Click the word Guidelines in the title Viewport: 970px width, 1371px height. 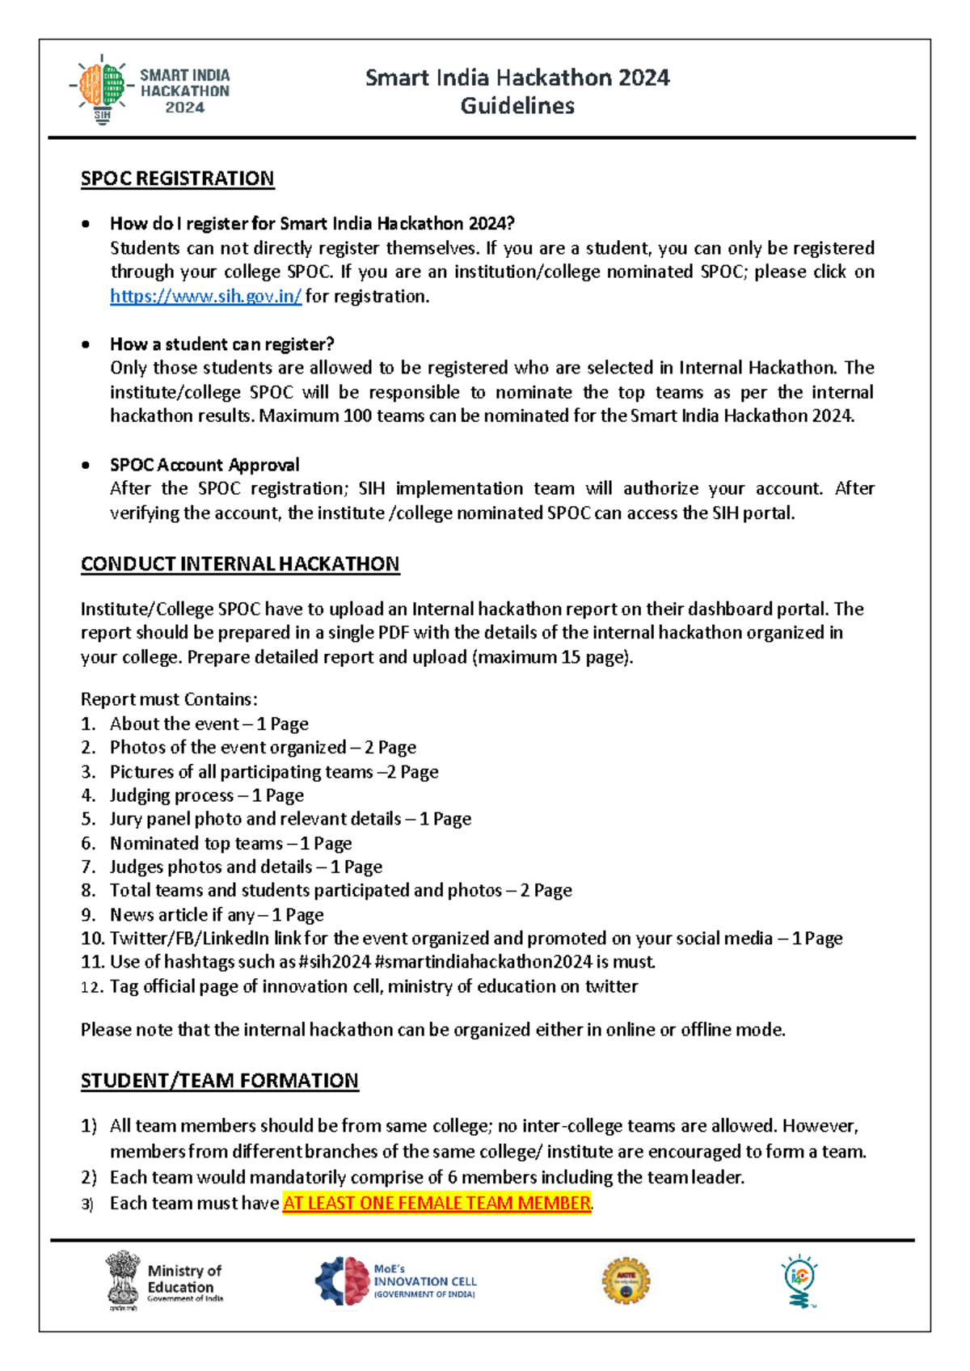pos(517,106)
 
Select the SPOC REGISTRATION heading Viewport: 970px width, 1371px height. pos(177,179)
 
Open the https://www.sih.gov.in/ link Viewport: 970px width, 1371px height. pos(205,297)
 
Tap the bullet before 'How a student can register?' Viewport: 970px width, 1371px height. pos(86,344)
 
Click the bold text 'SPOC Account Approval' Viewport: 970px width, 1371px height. pos(205,465)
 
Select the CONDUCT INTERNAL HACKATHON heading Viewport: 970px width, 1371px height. pos(240,564)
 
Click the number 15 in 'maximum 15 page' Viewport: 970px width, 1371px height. pos(571,657)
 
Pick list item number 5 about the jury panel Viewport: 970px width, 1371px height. pos(290,819)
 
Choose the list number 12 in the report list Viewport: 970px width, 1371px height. pos(91,987)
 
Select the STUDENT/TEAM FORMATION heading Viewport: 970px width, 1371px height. pos(219,1081)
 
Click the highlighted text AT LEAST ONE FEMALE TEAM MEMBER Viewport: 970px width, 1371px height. pos(436,1204)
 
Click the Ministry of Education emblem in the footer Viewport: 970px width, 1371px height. pos(123,1280)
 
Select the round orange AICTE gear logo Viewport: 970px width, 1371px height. pos(626,1281)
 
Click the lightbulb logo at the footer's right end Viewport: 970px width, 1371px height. pos(799,1281)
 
